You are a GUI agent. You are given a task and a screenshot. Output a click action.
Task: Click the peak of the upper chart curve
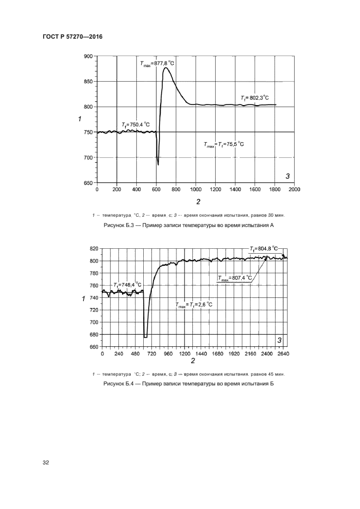point(165,68)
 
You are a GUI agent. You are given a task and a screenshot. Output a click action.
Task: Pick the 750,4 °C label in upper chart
point(136,125)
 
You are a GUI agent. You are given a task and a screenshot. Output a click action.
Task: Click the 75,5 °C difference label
point(223,144)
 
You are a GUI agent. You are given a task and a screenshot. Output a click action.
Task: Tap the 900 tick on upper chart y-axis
point(88,56)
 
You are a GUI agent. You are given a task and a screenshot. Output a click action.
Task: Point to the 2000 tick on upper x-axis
point(294,190)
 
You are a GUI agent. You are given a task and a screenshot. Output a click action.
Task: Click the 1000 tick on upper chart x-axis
point(196,190)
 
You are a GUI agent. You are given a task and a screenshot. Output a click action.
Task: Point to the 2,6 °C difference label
point(194,305)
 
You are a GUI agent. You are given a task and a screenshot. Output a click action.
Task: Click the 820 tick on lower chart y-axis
point(95,248)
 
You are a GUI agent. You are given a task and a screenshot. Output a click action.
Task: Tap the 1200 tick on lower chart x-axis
point(185,353)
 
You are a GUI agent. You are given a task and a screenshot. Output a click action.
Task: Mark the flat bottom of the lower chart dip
point(145,337)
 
